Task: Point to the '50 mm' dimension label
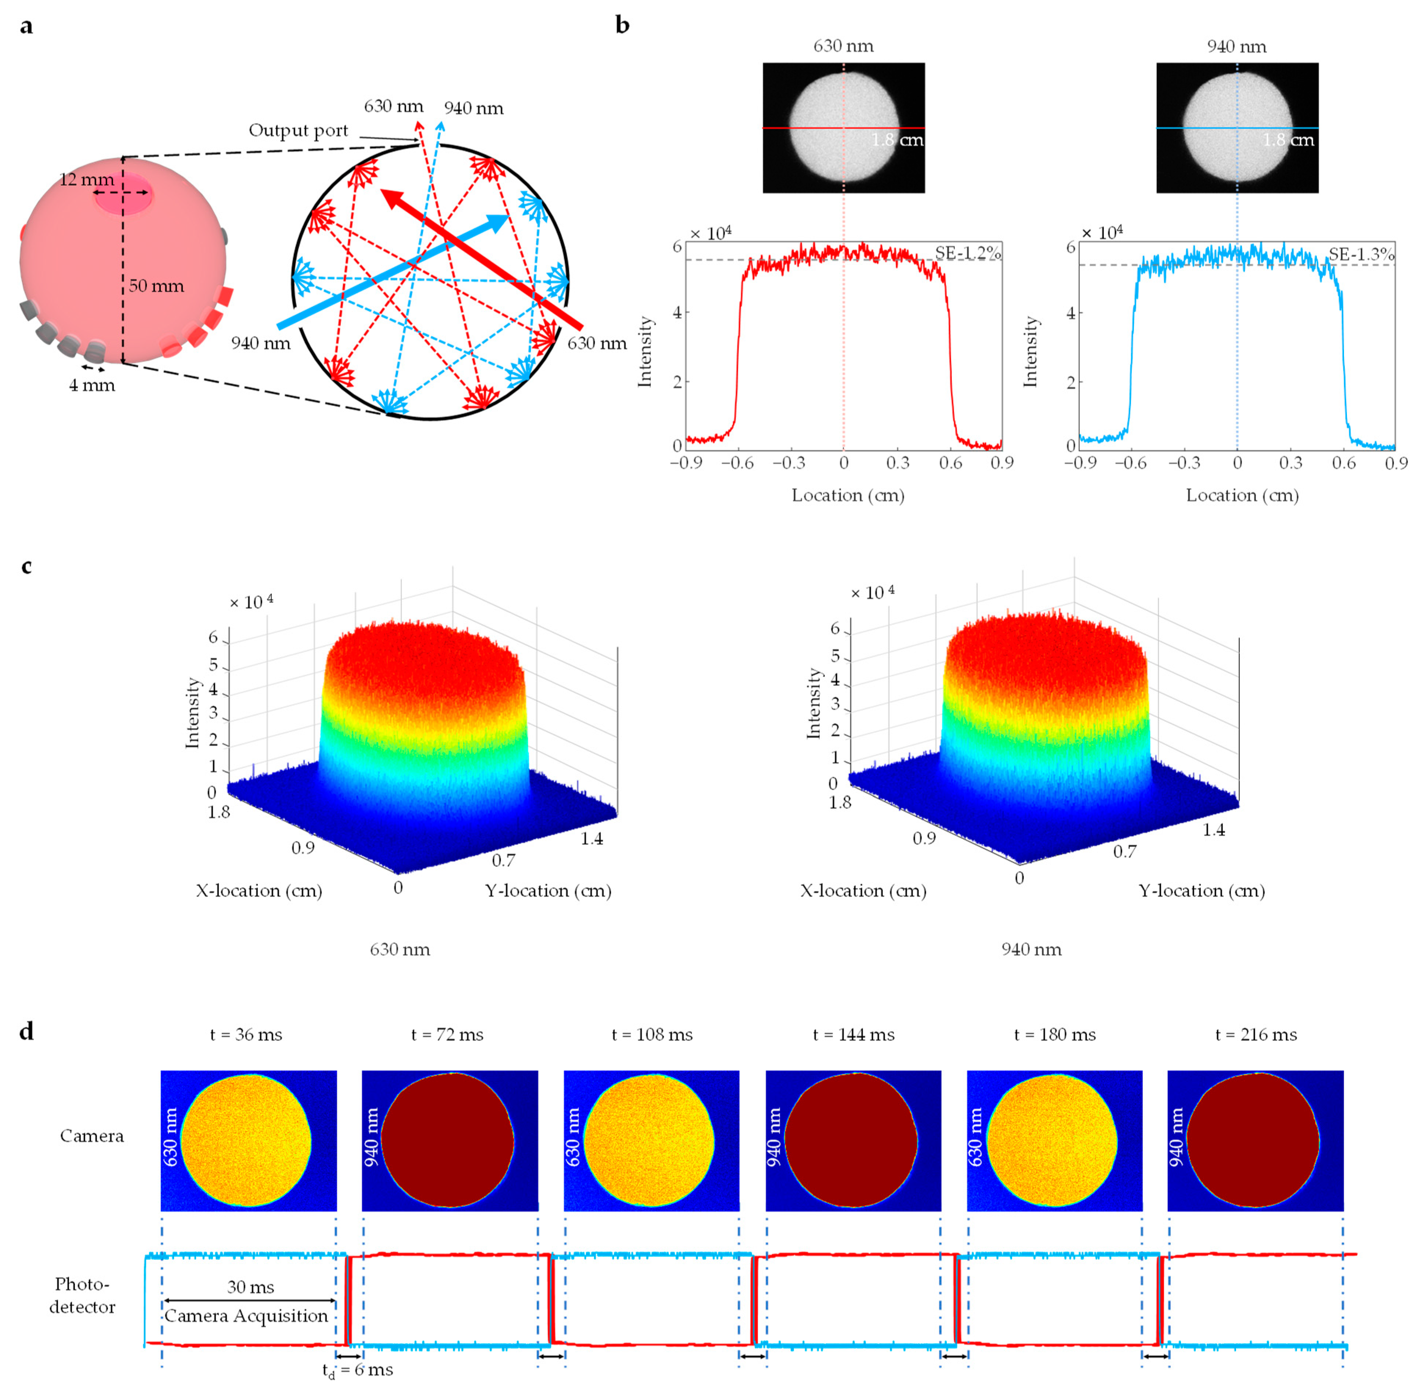[156, 286]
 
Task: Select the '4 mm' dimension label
[92, 385]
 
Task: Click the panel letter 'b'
[622, 26]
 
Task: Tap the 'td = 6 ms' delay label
[358, 1370]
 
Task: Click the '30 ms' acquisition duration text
[250, 1287]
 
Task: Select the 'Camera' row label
[92, 1136]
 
